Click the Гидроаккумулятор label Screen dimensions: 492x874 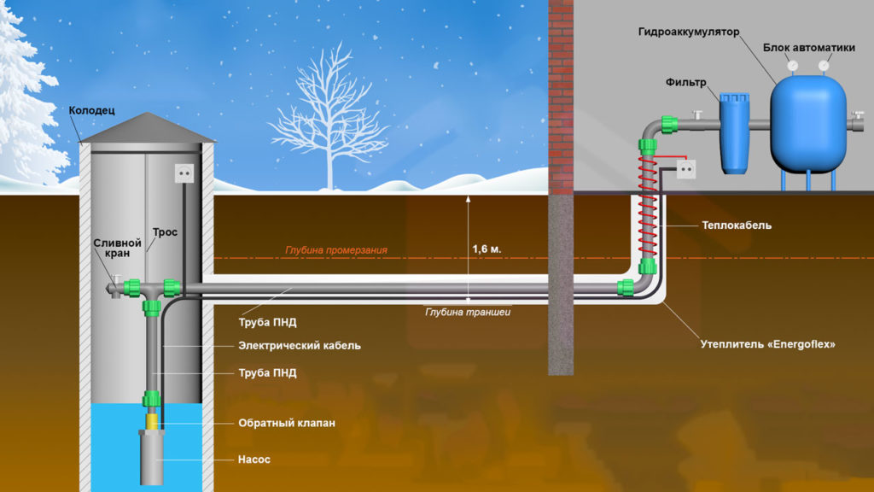[x=688, y=32]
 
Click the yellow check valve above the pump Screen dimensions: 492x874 [x=152, y=420]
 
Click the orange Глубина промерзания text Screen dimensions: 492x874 [x=336, y=250]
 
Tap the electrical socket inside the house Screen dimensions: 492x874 [x=687, y=170]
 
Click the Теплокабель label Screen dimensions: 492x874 [x=737, y=225]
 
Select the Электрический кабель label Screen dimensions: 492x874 [x=299, y=346]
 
